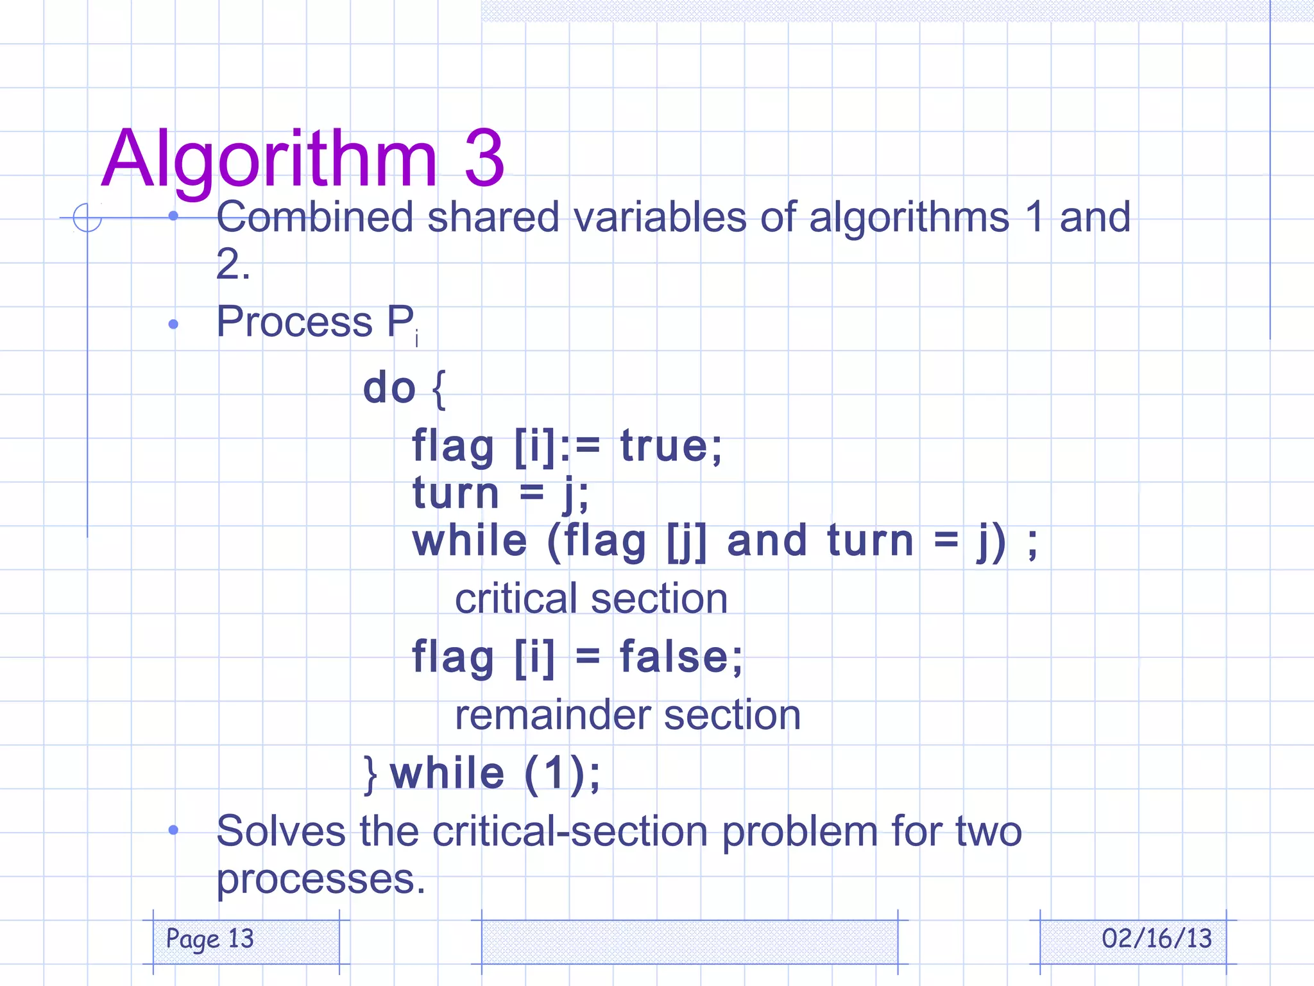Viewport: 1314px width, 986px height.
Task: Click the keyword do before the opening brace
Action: (389, 388)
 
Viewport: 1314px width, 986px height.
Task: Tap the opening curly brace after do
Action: (439, 389)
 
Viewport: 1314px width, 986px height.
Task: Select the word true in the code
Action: (670, 446)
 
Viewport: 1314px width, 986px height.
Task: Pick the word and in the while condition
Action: (766, 541)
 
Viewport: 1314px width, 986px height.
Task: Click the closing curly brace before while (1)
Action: (370, 774)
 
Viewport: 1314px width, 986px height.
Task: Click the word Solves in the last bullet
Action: (281, 831)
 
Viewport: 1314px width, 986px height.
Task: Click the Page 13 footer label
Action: (210, 939)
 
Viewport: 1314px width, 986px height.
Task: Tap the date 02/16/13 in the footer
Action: (1156, 939)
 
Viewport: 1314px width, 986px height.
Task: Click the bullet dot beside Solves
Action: (173, 830)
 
